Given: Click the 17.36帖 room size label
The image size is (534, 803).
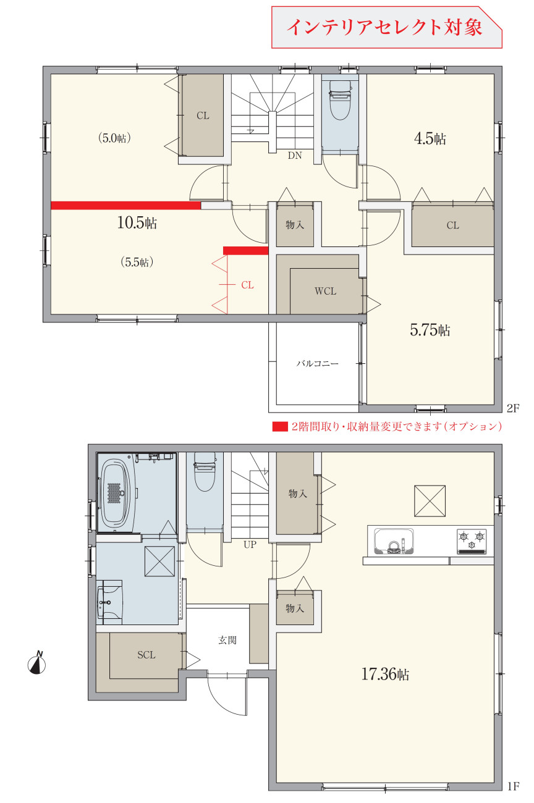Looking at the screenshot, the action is (x=385, y=674).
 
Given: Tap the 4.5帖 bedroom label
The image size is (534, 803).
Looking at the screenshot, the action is (x=430, y=138).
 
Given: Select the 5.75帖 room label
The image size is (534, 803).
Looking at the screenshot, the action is (x=430, y=330).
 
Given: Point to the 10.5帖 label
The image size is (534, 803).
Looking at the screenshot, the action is (x=137, y=222).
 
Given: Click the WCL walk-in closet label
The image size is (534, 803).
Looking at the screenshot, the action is (x=325, y=291).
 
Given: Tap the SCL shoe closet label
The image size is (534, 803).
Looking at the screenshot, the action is (x=146, y=655).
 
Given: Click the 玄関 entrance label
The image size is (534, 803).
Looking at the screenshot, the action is (x=227, y=640).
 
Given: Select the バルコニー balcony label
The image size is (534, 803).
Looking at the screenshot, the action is (x=318, y=363).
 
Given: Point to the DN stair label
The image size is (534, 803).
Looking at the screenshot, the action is (x=295, y=155).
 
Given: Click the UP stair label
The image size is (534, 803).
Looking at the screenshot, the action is (x=250, y=545).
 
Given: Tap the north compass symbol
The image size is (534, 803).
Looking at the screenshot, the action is (x=36, y=663).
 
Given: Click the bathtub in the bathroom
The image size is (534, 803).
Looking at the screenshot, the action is (x=115, y=493).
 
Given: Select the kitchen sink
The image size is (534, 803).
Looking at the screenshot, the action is (x=394, y=541).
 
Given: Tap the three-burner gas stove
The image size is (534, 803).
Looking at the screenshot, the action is (x=472, y=541).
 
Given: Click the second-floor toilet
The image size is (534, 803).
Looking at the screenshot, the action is (x=340, y=99).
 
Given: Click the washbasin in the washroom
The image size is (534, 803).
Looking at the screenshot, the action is (x=109, y=602).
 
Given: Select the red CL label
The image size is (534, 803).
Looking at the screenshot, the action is (x=247, y=285).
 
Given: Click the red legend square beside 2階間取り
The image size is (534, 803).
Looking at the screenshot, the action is (x=280, y=427).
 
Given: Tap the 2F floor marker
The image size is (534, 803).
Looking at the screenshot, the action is (x=513, y=408).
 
